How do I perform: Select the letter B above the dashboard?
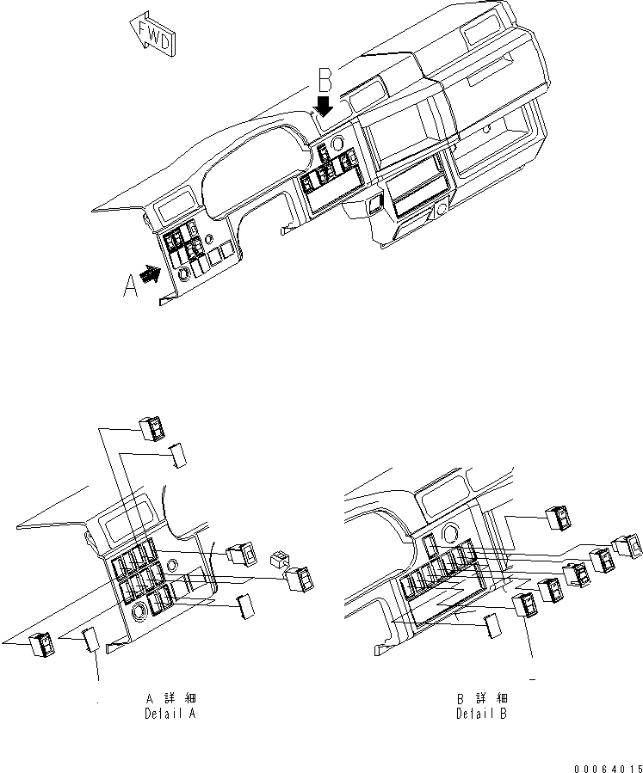coord(325,82)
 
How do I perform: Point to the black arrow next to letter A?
coord(151,274)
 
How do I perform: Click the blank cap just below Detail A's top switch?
coord(178,454)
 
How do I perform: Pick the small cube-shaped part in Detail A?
coord(279,560)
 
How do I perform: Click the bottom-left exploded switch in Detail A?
coord(41,645)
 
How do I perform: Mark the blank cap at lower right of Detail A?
coord(245,605)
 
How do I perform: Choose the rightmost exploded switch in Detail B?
coord(627,546)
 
